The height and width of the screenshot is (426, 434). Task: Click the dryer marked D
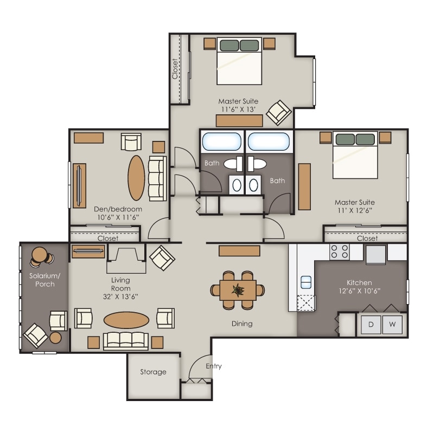coord(372,324)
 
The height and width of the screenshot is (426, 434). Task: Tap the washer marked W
coord(393,324)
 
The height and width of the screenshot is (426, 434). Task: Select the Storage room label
coord(153,372)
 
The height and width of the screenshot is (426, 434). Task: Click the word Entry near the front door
coord(214,366)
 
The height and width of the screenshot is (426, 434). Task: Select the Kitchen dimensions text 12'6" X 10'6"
coord(359,291)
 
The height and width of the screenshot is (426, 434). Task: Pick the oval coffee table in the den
coord(136,178)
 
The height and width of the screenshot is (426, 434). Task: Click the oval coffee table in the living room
coord(125,320)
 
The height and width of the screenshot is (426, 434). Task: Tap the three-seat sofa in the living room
coord(125,340)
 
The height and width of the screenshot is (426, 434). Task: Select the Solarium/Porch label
coord(44,280)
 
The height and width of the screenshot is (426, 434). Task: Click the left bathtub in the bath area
coord(221,143)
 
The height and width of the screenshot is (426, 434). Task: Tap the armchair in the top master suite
coord(279,111)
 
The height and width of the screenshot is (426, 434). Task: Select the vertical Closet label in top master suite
coord(175,69)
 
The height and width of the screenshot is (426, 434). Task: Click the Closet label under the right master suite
coord(367,238)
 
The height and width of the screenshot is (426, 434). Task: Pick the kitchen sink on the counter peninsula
coord(305,281)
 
